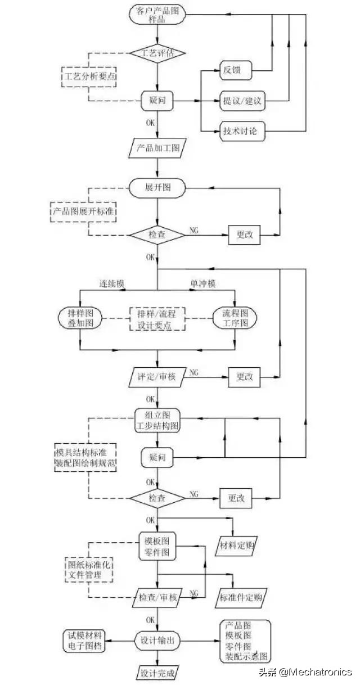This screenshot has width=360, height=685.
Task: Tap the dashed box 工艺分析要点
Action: (89, 76)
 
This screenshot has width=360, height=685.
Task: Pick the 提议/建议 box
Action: (241, 102)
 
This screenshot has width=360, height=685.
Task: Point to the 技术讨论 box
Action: (241, 133)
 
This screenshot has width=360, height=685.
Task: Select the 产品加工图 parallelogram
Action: (157, 148)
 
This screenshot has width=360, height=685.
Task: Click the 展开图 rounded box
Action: (157, 188)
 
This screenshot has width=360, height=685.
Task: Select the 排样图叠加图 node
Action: (80, 318)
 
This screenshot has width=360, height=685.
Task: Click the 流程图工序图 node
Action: (235, 318)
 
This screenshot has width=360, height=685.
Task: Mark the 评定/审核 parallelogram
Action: (157, 376)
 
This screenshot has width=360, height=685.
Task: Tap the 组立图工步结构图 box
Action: (157, 420)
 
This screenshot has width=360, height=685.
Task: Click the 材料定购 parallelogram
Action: (240, 544)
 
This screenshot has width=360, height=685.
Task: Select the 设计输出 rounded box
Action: (157, 640)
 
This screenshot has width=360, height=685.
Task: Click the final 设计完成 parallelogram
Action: (157, 673)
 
